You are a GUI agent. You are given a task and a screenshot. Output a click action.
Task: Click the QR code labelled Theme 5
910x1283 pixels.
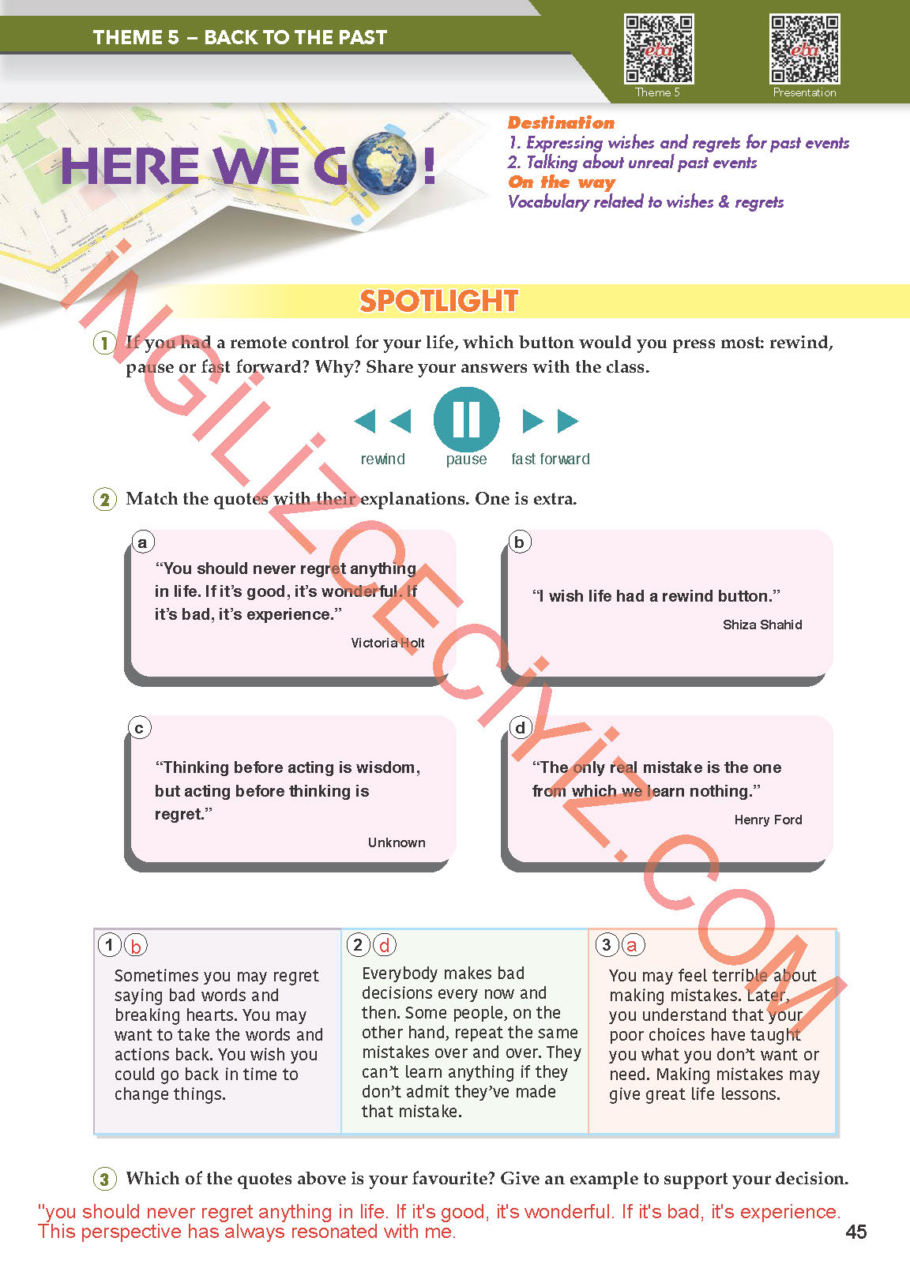tap(659, 49)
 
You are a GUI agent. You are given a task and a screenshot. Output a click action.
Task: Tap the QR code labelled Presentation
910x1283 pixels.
tap(804, 49)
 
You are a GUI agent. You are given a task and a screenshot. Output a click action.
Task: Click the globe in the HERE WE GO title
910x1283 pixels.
tap(385, 164)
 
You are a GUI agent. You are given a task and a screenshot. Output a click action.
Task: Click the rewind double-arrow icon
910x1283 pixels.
tap(382, 421)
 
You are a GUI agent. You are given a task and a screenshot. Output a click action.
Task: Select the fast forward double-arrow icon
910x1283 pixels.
tap(551, 421)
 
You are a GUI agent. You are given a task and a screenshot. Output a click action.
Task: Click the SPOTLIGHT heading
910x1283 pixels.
tap(439, 301)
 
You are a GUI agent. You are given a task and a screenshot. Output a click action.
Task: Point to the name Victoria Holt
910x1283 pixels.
tap(387, 643)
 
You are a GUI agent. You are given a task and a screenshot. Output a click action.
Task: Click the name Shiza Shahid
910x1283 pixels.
tap(761, 625)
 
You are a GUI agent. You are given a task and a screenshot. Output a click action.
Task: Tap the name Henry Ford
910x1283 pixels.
tap(768, 820)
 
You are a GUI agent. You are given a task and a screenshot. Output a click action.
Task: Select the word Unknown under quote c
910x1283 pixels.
tap(397, 842)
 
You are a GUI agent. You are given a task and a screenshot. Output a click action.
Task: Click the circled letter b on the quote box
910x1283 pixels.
tap(519, 542)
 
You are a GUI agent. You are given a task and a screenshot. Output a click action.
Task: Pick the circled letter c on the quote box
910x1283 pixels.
tap(139, 728)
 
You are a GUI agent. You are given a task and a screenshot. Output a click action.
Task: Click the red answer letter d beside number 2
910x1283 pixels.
tap(384, 945)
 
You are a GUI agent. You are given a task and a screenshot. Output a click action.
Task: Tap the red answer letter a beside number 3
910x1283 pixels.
tap(632, 945)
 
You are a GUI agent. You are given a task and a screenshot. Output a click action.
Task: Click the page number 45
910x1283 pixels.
tap(855, 1232)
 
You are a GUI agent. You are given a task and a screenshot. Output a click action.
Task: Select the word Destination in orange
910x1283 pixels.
tap(561, 122)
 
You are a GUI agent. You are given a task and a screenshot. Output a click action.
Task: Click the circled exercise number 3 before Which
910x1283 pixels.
tap(104, 1179)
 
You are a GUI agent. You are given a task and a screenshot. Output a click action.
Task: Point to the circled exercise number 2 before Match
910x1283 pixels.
tap(104, 499)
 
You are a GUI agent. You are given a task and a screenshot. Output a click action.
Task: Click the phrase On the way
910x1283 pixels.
tap(561, 182)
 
